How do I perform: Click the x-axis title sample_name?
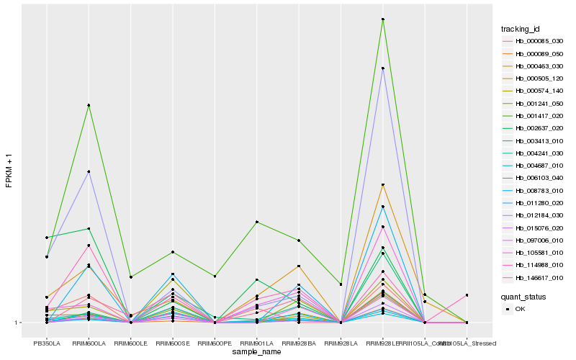(x=257, y=352)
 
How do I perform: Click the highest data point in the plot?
(x=382, y=19)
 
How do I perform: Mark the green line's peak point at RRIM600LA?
(x=89, y=105)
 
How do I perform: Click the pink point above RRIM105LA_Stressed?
(x=467, y=295)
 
